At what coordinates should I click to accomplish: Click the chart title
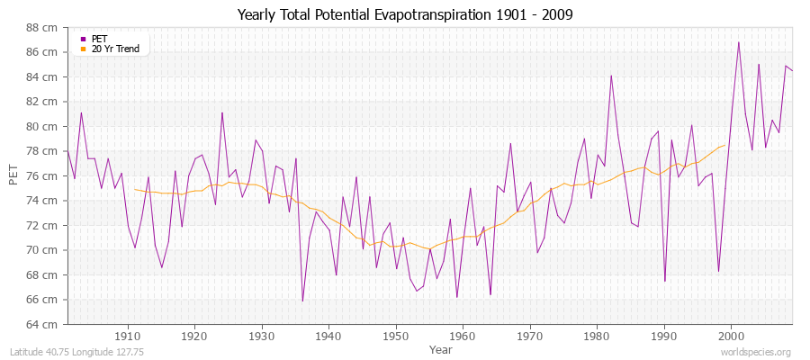(404, 15)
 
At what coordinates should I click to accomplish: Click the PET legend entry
(98, 39)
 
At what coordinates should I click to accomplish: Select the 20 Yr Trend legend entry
(115, 49)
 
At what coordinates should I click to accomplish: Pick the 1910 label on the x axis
(127, 336)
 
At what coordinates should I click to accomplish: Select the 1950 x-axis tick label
(395, 336)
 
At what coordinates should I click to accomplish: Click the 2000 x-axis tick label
(731, 336)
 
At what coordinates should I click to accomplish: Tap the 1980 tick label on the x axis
(597, 336)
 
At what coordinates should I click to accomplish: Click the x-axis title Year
(440, 348)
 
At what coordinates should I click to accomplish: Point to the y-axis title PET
(13, 175)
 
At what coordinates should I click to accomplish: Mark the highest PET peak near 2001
(739, 42)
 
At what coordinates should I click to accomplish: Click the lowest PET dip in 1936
(302, 301)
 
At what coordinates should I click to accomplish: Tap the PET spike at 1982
(611, 76)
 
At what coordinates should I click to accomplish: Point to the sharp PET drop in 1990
(665, 281)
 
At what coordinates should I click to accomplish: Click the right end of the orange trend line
(725, 145)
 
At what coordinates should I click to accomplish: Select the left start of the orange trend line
(135, 189)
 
